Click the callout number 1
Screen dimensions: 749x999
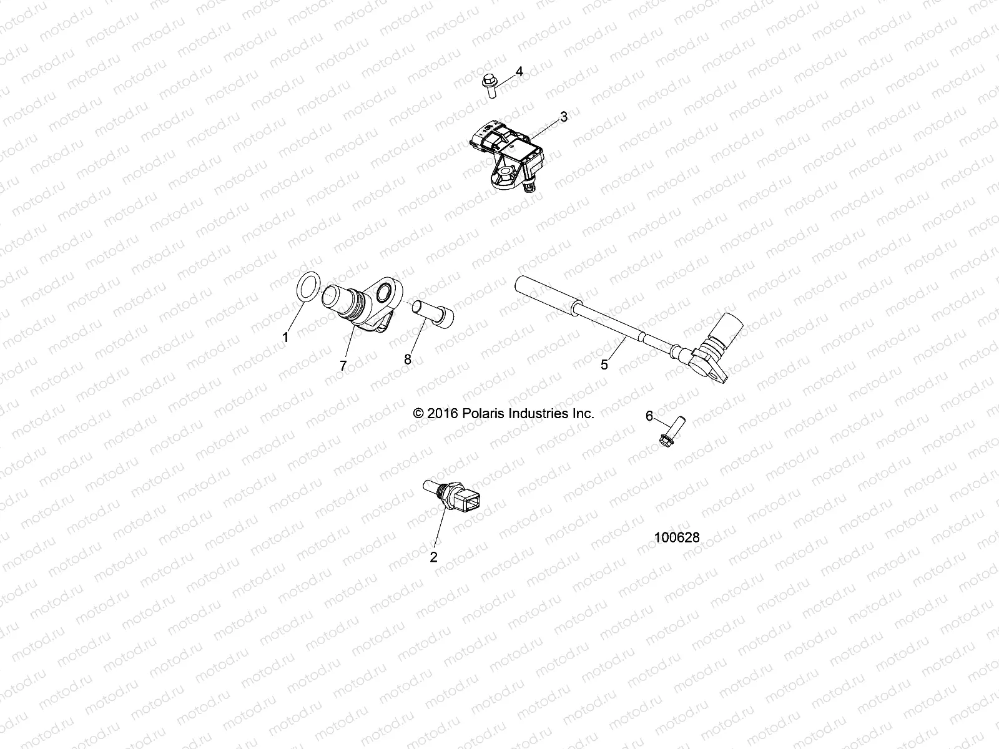click(x=285, y=338)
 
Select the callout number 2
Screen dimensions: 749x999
click(x=434, y=557)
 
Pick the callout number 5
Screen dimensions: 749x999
click(x=604, y=365)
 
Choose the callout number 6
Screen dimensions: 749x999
click(x=649, y=416)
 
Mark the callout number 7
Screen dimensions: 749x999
click(x=343, y=366)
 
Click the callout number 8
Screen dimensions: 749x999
click(x=408, y=359)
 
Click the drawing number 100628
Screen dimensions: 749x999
click(x=677, y=537)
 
